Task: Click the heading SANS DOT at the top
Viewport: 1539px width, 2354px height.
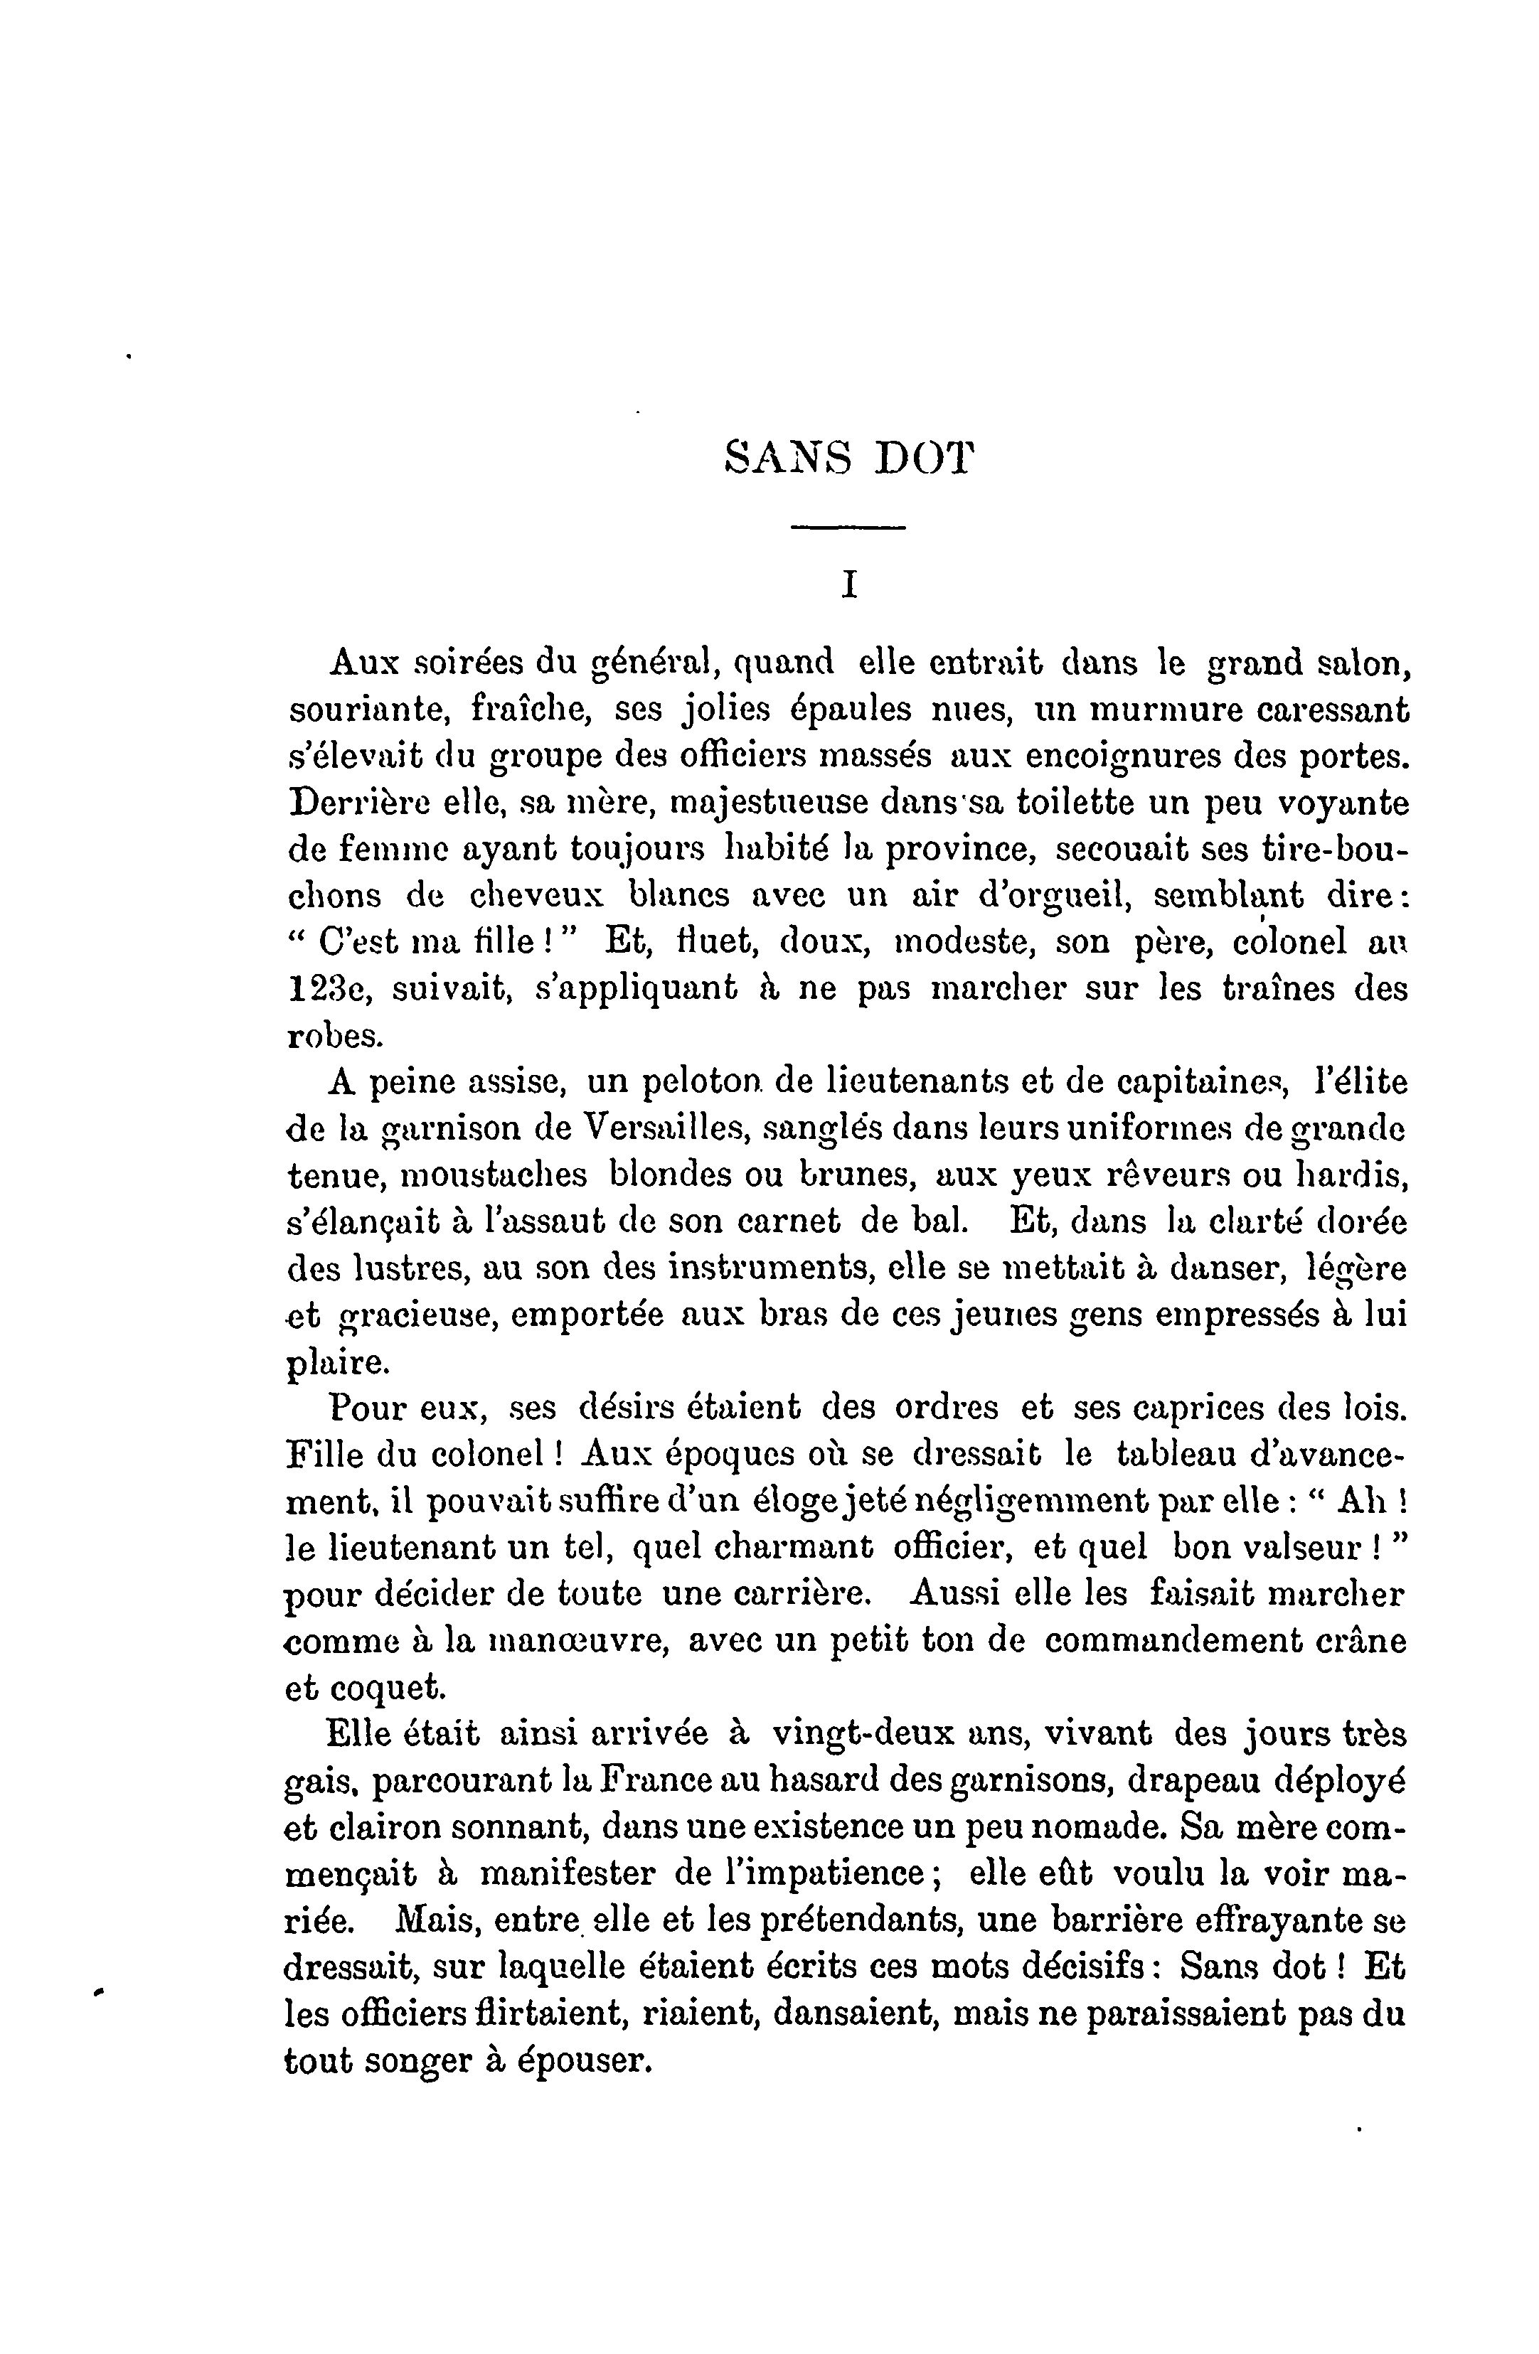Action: (848, 459)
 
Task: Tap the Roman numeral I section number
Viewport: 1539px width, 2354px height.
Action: (848, 587)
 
